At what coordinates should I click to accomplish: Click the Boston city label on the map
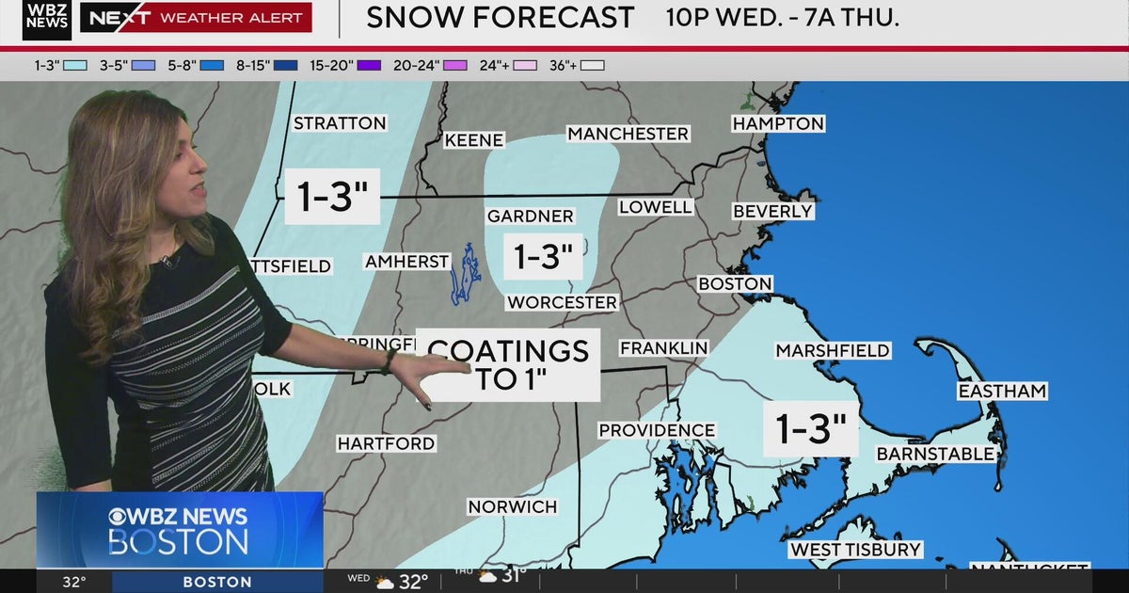point(735,283)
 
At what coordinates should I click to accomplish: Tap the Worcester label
point(562,302)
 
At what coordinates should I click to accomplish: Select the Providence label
point(657,430)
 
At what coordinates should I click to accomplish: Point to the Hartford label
point(386,442)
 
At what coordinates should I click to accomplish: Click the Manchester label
point(628,134)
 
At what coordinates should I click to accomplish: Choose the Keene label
point(473,139)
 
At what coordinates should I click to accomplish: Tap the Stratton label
point(340,123)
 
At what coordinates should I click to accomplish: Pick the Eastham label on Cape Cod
point(1002,391)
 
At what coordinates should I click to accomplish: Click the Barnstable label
point(935,454)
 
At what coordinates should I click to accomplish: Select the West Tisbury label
point(855,549)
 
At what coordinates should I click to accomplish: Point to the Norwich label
point(513,506)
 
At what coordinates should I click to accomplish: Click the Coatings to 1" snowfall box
point(508,365)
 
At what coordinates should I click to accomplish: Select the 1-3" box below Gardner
point(543,256)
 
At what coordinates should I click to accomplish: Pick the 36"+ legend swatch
point(592,65)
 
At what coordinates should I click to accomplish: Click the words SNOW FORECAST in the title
point(500,18)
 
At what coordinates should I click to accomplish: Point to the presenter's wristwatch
point(388,361)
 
